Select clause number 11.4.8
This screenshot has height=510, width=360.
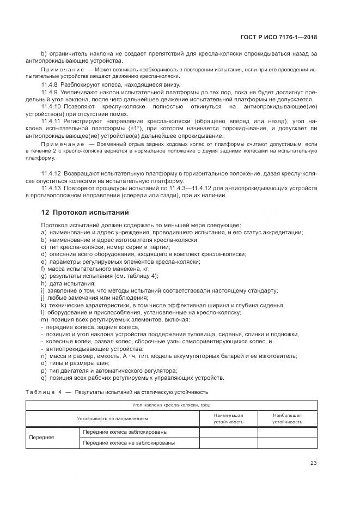pos(51,86)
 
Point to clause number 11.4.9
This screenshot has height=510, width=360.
pos(51,93)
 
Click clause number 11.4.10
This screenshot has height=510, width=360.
pos(53,108)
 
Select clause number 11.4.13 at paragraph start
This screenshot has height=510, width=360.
pos(53,188)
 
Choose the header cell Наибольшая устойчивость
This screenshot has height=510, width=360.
pos(287,418)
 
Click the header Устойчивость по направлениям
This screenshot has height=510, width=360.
pos(112,418)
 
